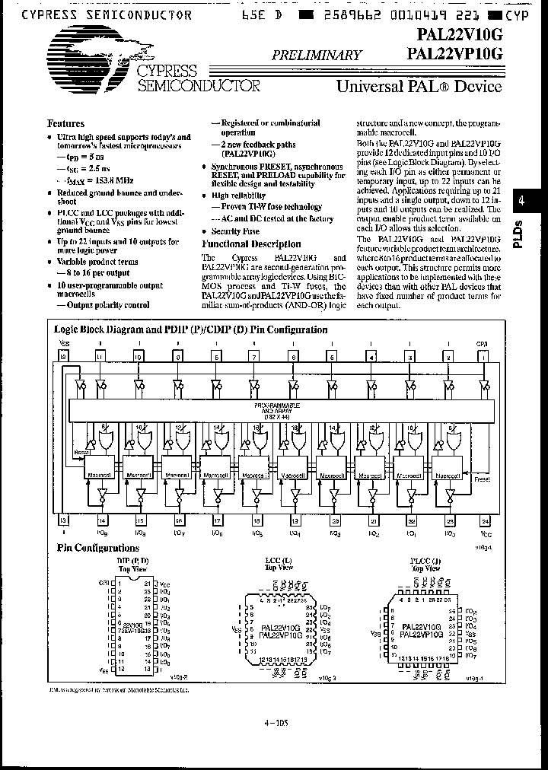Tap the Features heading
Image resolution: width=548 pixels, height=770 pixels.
point(66,123)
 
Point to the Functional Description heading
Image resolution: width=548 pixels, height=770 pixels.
point(250,244)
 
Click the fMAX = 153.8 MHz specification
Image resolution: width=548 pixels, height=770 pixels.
point(95,180)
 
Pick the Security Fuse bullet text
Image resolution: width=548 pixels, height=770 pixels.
point(235,231)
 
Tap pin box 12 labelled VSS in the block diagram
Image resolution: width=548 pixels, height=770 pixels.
point(63,356)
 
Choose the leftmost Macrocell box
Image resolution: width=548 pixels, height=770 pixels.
point(100,474)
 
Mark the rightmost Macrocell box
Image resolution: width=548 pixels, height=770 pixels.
point(450,474)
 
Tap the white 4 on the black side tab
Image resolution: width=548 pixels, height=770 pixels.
point(522,201)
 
